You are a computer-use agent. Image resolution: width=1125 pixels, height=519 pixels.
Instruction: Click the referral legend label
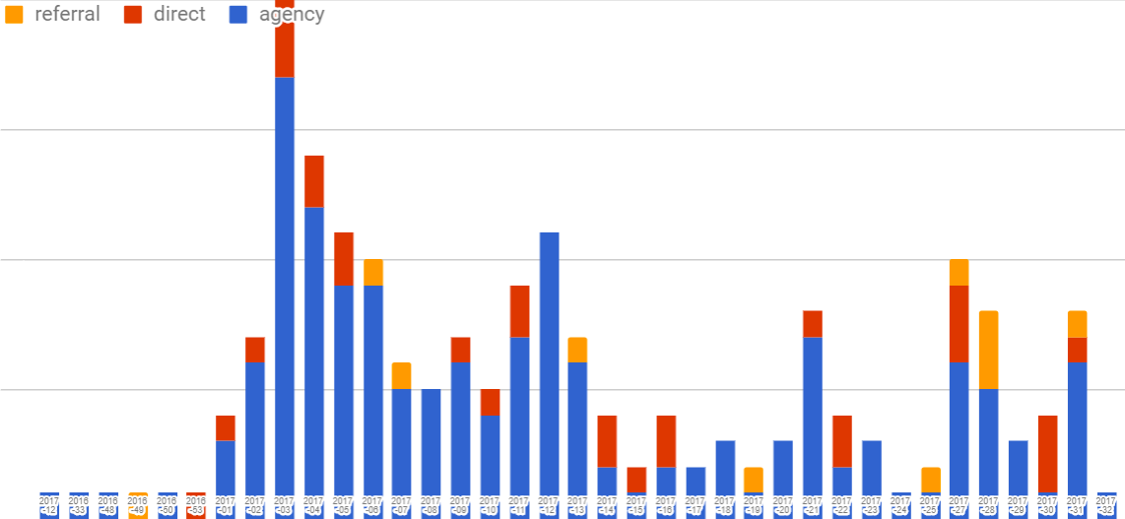pyautogui.click(x=67, y=14)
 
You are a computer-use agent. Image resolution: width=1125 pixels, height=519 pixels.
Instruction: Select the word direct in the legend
pyautogui.click(x=179, y=14)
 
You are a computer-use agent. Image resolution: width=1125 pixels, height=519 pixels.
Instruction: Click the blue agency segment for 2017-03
pyautogui.click(x=284, y=286)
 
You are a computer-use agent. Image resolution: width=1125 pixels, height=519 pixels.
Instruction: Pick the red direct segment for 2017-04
pyautogui.click(x=313, y=181)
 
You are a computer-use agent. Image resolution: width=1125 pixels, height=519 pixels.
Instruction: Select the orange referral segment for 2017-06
pyautogui.click(x=372, y=272)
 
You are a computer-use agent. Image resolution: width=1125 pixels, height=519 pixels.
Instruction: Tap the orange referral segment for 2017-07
pyautogui.click(x=402, y=375)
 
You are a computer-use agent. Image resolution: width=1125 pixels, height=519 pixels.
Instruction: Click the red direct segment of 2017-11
pyautogui.click(x=519, y=311)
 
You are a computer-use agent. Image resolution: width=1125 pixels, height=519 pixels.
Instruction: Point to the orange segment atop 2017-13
pyautogui.click(x=577, y=350)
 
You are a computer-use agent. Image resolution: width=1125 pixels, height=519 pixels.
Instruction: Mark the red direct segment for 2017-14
pyautogui.click(x=607, y=441)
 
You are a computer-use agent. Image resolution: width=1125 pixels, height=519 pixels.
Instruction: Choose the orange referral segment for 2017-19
pyautogui.click(x=754, y=480)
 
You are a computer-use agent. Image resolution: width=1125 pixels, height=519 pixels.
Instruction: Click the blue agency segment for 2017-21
pyautogui.click(x=812, y=414)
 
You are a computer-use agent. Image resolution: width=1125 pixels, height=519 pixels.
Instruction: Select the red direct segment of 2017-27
pyautogui.click(x=959, y=323)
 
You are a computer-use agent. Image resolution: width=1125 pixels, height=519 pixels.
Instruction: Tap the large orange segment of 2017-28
pyautogui.click(x=988, y=350)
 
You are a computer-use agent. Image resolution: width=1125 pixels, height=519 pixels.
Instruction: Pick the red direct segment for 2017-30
pyautogui.click(x=1047, y=453)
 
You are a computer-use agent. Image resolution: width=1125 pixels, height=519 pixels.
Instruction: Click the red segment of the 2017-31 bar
pyautogui.click(x=1077, y=350)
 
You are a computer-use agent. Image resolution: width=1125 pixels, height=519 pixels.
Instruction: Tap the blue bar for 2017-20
pyautogui.click(x=783, y=468)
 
